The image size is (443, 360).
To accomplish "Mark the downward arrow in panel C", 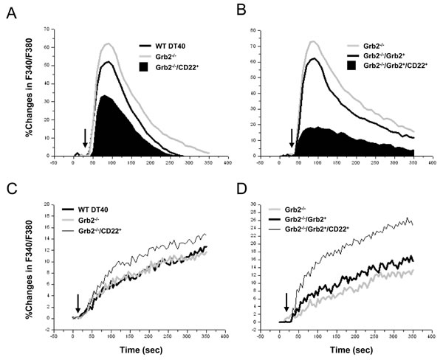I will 78,302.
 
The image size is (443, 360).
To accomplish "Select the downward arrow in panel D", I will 286,302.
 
